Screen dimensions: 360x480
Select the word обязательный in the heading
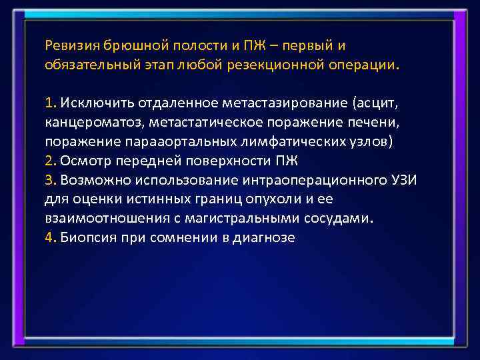(85, 65)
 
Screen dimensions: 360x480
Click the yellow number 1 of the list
(49, 103)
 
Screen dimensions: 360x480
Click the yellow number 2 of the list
(49, 161)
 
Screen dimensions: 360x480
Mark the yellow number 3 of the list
(49, 180)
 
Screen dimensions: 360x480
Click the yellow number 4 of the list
(49, 237)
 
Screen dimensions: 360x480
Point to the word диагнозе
(263, 237)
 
